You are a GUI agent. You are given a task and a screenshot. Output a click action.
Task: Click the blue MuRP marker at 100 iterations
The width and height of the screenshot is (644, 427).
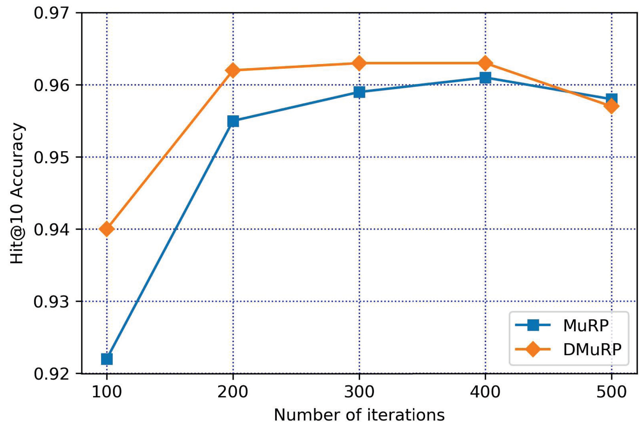tap(107, 359)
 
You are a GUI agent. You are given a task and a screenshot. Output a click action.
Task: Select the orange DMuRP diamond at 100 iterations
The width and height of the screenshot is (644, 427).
tap(107, 229)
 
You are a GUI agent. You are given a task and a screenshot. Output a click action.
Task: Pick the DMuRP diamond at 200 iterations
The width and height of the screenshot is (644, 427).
tap(233, 70)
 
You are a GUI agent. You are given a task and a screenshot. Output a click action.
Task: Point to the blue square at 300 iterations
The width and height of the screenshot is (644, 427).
tap(359, 92)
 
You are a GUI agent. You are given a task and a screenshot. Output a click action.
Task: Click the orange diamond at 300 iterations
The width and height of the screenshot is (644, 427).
tap(359, 63)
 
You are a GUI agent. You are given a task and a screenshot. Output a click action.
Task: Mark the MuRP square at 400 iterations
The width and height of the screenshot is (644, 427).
tap(485, 78)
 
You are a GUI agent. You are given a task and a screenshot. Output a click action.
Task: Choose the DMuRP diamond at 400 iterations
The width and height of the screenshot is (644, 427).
tap(485, 63)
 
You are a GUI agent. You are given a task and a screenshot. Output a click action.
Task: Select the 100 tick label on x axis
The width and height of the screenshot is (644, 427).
tap(107, 392)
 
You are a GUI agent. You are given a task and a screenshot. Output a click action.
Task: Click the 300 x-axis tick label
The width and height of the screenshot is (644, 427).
tap(359, 392)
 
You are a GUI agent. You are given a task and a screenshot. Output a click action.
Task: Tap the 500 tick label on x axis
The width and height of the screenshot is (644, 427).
tap(611, 392)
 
